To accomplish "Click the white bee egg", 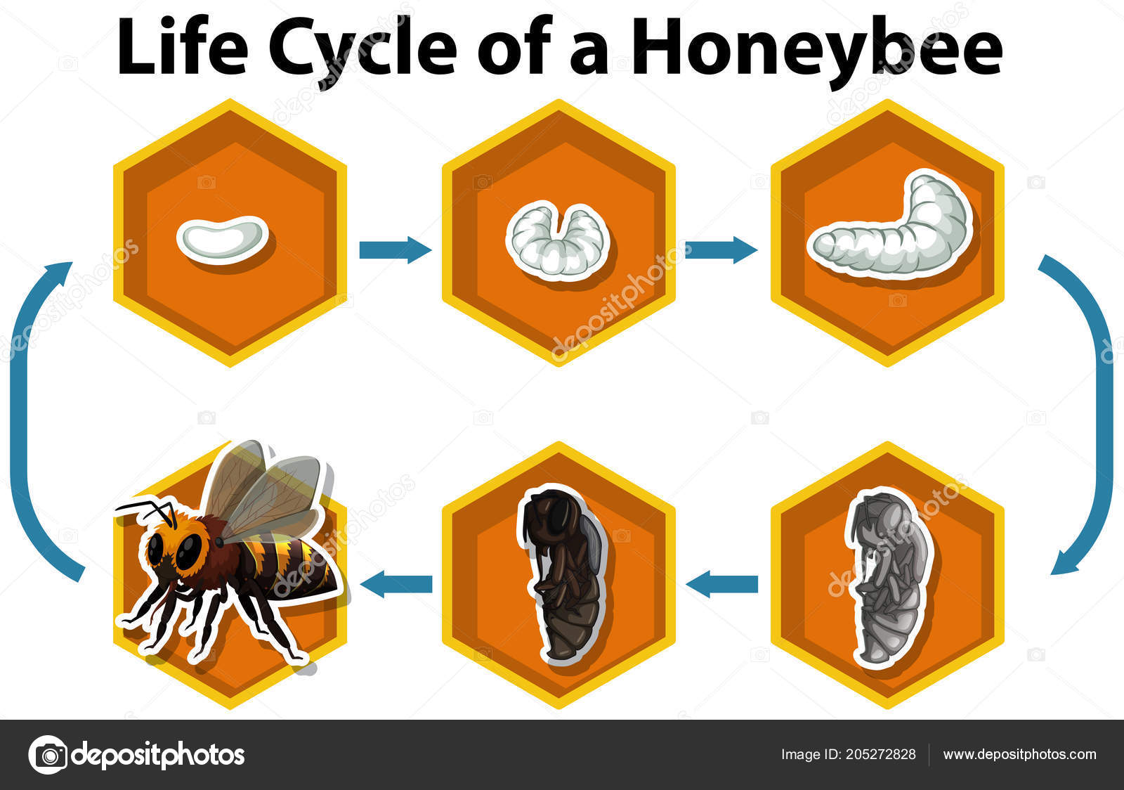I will point(222,239).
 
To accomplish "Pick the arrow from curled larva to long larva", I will point(721,250).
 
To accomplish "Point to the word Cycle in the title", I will point(362,49).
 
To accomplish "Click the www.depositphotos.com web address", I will point(1019,754).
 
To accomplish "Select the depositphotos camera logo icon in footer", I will point(48,755).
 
